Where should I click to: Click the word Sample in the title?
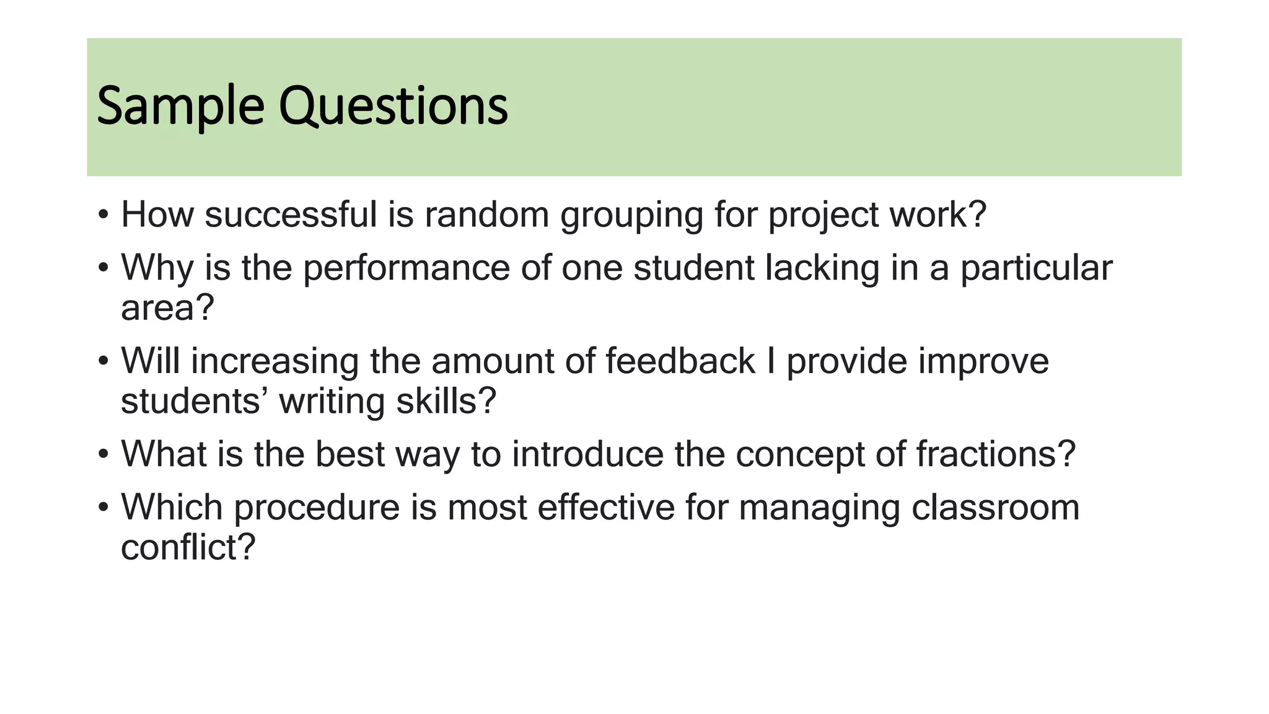[180, 107]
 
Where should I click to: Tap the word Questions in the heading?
[393, 107]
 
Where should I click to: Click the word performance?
[406, 269]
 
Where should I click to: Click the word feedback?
[680, 361]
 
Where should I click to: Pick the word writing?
[332, 402]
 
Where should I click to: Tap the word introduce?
[587, 454]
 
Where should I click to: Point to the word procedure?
[317, 508]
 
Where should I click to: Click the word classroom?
[996, 508]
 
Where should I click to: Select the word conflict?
[188, 547]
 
